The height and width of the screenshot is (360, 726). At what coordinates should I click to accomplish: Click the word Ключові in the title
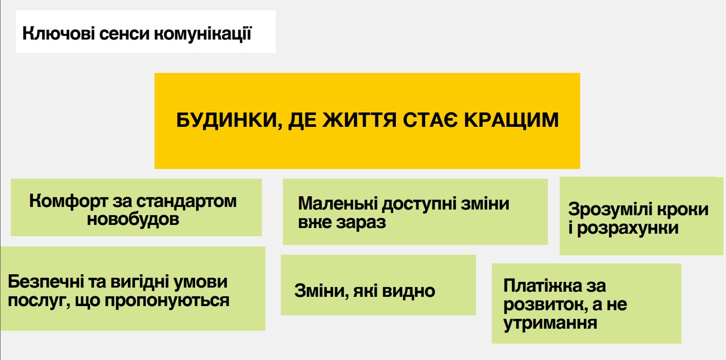click(59, 34)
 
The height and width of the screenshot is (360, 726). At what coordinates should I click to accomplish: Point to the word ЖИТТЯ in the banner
click(359, 120)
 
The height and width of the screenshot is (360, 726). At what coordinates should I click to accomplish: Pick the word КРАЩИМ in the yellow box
click(511, 121)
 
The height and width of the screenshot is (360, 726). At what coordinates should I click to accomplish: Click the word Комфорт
click(68, 202)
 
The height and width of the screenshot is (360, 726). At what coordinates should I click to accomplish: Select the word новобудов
click(133, 220)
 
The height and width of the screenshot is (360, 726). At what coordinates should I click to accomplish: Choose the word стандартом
click(186, 202)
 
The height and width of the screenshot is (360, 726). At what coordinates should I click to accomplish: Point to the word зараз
click(361, 223)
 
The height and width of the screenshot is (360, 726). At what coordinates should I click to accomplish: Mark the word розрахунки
click(628, 229)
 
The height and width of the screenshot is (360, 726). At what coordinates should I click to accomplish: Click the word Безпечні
click(46, 281)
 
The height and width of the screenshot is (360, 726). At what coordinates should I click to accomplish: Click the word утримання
click(550, 324)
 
